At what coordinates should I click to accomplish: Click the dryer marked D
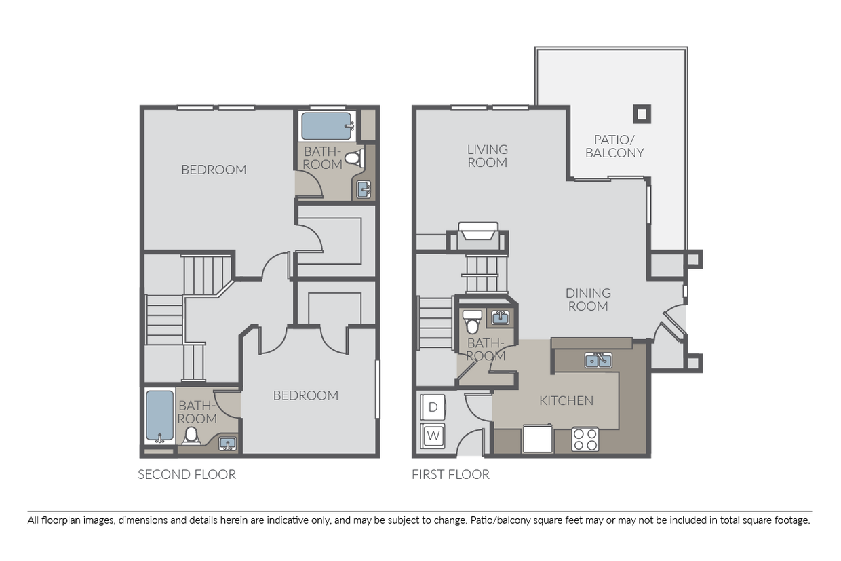tap(433, 407)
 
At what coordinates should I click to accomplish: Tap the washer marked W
tap(433, 436)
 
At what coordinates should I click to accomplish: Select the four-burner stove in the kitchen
tap(585, 440)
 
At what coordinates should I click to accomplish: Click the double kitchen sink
tap(598, 360)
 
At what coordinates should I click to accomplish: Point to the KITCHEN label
tap(566, 401)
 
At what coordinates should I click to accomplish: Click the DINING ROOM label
tap(588, 300)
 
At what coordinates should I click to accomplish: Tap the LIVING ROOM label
tap(488, 156)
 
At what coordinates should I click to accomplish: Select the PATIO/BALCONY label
tap(614, 146)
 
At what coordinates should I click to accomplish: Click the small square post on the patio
tap(642, 114)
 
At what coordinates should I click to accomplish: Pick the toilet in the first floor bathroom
tap(472, 322)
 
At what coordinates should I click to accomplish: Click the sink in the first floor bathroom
tap(501, 317)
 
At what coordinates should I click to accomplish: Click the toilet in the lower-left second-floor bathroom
tap(191, 436)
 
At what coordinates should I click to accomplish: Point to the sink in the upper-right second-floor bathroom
tap(364, 190)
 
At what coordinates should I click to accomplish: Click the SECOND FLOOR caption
tap(187, 475)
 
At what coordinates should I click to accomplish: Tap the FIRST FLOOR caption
tap(450, 475)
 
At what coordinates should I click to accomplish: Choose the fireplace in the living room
tap(478, 231)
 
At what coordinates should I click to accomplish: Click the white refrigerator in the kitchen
tap(538, 438)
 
